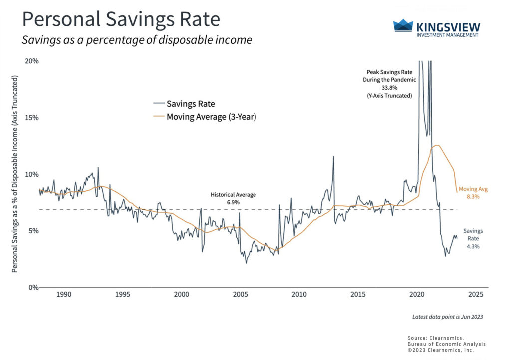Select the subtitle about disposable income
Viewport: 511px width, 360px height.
coord(137,40)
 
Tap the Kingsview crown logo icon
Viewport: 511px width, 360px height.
coord(403,25)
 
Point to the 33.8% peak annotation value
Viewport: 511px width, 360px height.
coord(387,87)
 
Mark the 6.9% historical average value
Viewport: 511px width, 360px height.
coord(233,202)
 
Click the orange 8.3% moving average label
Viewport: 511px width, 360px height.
coord(472,197)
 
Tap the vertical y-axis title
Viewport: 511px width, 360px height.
coord(15,174)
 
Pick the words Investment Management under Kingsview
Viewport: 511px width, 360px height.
coord(447,35)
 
